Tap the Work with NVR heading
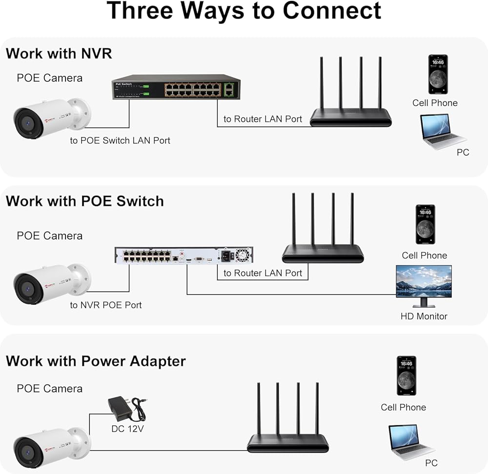tap(59, 53)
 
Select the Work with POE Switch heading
tap(85, 201)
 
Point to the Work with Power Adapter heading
tap(96, 361)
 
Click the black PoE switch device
tap(175, 88)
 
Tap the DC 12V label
tap(128, 429)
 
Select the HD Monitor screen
tap(424, 282)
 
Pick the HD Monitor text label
tap(424, 316)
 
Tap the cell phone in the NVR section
tap(438, 74)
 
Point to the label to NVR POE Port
tap(106, 305)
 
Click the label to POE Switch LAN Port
tap(120, 140)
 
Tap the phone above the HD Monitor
tap(425, 224)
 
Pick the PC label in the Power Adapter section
tap(431, 463)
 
